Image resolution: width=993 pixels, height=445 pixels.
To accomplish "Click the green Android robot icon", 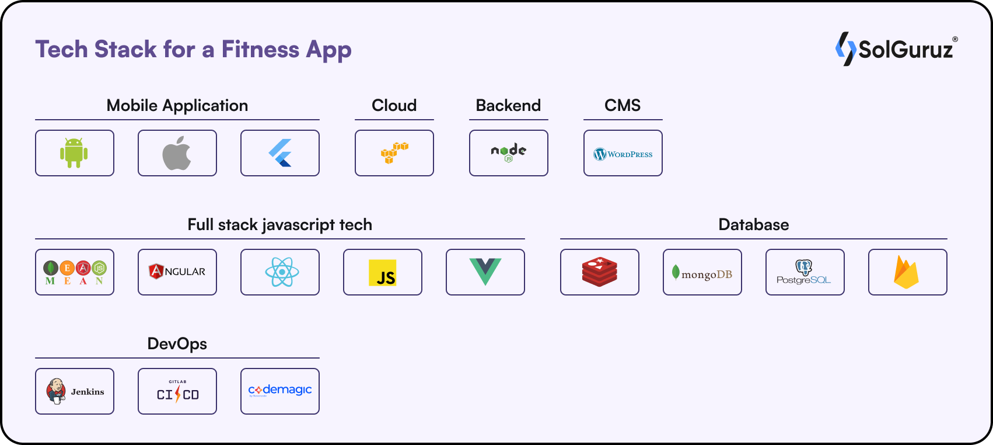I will tap(74, 153).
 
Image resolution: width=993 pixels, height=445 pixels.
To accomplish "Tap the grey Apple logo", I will tap(177, 153).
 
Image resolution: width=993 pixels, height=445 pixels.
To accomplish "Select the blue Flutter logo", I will tap(280, 153).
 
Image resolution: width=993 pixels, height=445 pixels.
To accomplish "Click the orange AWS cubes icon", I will tap(394, 153).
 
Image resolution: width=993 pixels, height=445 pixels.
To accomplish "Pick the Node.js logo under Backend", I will tap(509, 153).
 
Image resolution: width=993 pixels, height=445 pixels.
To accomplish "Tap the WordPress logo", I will tap(623, 154).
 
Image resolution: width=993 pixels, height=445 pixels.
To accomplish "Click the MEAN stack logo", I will tap(75, 272).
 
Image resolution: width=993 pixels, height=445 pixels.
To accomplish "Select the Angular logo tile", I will tap(177, 272).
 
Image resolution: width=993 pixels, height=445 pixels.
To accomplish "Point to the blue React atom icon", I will tap(282, 272).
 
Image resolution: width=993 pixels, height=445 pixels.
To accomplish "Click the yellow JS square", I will tap(383, 273).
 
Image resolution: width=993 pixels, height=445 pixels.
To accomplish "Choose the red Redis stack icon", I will tap(599, 272).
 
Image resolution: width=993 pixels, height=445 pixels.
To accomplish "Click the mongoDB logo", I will tap(702, 273).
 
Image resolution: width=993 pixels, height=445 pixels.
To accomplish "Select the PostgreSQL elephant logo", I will tap(804, 272).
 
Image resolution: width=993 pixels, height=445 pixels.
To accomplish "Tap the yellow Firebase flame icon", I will tap(907, 272).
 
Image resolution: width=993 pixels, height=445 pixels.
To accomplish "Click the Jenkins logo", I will tap(75, 391).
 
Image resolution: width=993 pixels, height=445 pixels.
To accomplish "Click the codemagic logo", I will tap(280, 390).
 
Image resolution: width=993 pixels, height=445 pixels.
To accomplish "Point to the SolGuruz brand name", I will tap(905, 50).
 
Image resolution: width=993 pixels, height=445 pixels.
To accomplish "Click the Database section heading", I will tap(754, 225).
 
